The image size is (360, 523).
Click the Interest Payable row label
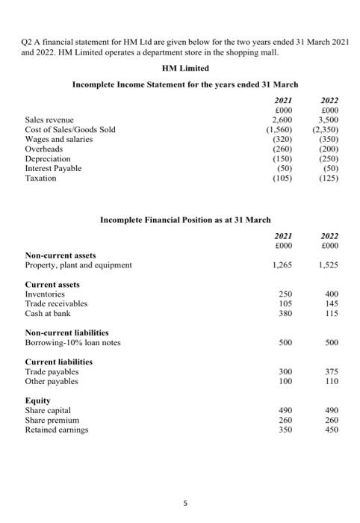(x=53, y=169)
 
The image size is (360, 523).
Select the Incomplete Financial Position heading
(x=175, y=219)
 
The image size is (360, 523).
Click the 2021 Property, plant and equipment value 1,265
(x=282, y=264)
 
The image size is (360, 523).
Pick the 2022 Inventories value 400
(x=329, y=294)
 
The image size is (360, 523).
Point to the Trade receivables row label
(x=56, y=304)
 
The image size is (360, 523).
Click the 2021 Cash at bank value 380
(x=283, y=315)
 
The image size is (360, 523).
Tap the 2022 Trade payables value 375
(x=329, y=373)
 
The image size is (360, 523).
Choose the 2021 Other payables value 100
(x=283, y=383)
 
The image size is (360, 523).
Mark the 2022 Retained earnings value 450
(x=329, y=430)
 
